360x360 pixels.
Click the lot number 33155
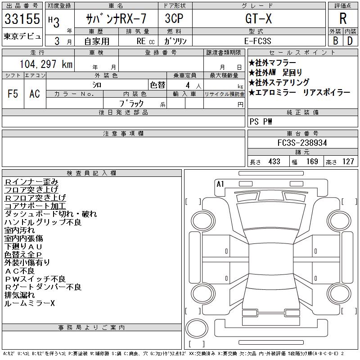click(22, 19)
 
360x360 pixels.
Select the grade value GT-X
click(258, 18)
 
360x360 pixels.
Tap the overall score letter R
click(343, 18)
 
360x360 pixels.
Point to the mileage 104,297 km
click(46, 64)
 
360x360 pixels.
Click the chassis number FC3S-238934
click(302, 143)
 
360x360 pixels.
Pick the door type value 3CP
click(174, 18)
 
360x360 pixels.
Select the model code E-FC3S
click(257, 41)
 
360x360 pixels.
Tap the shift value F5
click(13, 94)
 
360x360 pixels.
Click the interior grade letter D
click(350, 41)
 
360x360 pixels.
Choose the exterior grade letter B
click(335, 41)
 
